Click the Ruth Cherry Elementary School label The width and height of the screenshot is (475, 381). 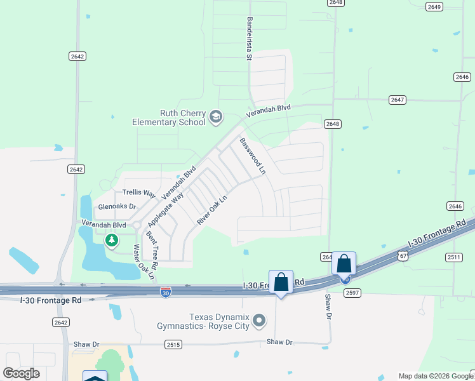click(x=169, y=117)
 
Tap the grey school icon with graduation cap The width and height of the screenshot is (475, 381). click(x=215, y=116)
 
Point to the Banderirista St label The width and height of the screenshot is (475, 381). click(x=250, y=39)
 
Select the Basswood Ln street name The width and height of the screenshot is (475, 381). click(x=253, y=156)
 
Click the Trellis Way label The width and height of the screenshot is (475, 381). click(x=139, y=192)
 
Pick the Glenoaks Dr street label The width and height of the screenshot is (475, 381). click(x=117, y=206)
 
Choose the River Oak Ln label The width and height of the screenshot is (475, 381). click(x=212, y=210)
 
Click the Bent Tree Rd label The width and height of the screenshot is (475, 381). click(x=151, y=248)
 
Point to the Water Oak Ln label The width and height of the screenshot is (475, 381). click(x=143, y=262)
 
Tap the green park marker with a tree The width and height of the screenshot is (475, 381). click(x=112, y=240)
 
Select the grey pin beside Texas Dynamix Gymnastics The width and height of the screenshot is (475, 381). click(x=258, y=321)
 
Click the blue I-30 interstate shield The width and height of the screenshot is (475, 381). click(x=165, y=291)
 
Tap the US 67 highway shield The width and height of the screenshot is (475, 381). click(x=402, y=255)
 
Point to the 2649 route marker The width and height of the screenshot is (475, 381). click(x=434, y=6)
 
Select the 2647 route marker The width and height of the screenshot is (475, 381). click(x=398, y=100)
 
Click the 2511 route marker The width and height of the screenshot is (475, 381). click(x=453, y=257)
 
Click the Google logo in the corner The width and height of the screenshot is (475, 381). click(x=21, y=373)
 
